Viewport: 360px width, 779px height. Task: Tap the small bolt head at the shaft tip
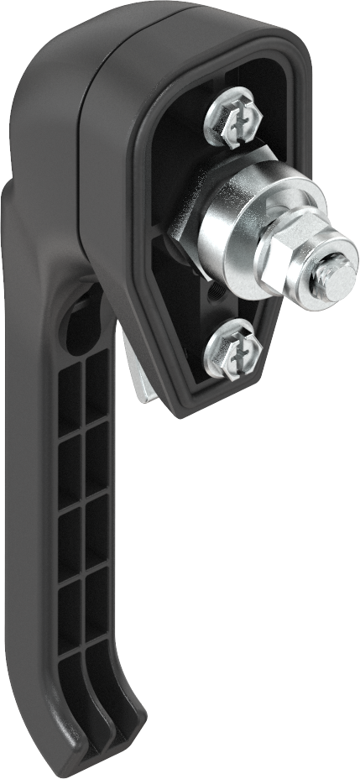pyautogui.click(x=330, y=273)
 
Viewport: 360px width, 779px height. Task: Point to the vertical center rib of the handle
pyautogui.click(x=85, y=520)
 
